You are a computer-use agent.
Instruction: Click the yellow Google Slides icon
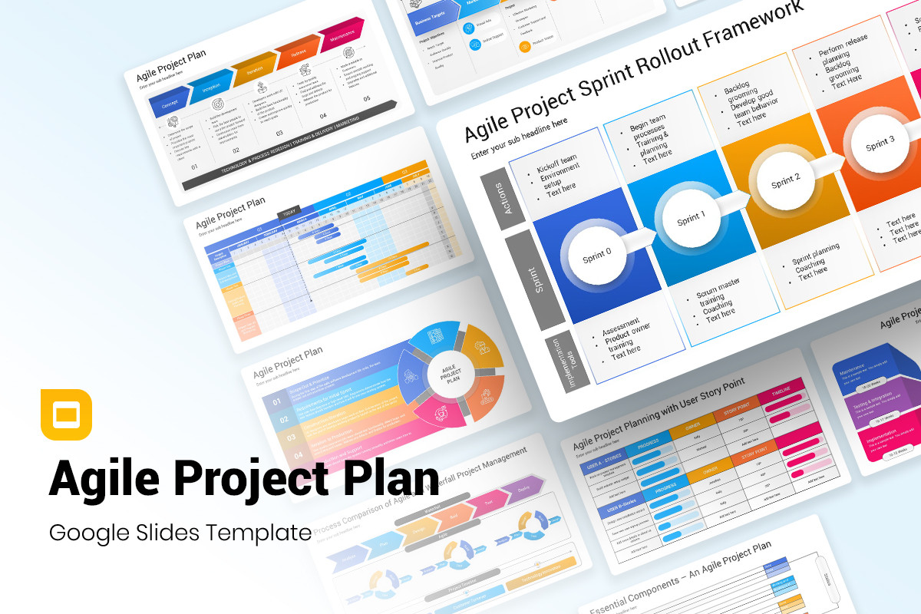tap(66, 414)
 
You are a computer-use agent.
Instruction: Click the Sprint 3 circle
tap(880, 144)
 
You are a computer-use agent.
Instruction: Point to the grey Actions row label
tap(503, 198)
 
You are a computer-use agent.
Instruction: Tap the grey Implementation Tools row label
tap(569, 360)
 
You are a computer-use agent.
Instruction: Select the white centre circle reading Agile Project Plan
tap(451, 373)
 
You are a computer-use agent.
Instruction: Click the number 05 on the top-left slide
tap(366, 99)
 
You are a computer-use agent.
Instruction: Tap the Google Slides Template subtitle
tap(180, 532)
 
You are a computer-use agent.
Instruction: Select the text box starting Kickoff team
tap(558, 174)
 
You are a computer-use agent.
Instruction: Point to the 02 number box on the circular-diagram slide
tap(283, 420)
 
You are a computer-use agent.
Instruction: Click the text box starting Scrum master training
tap(718, 299)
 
